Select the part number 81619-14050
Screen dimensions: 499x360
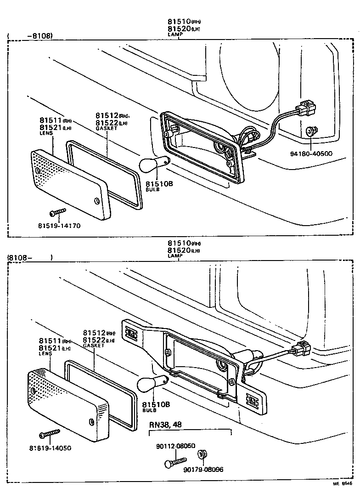tap(50, 448)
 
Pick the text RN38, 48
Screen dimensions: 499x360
tap(165, 424)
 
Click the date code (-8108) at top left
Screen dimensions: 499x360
tap(31, 35)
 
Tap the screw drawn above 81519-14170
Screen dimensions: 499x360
tap(58, 212)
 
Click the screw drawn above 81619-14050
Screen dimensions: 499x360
tap(50, 433)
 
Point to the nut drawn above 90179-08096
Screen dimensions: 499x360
tap(202, 455)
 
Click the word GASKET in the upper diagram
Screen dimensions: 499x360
tap(107, 128)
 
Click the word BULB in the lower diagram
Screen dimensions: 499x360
tap(148, 410)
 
